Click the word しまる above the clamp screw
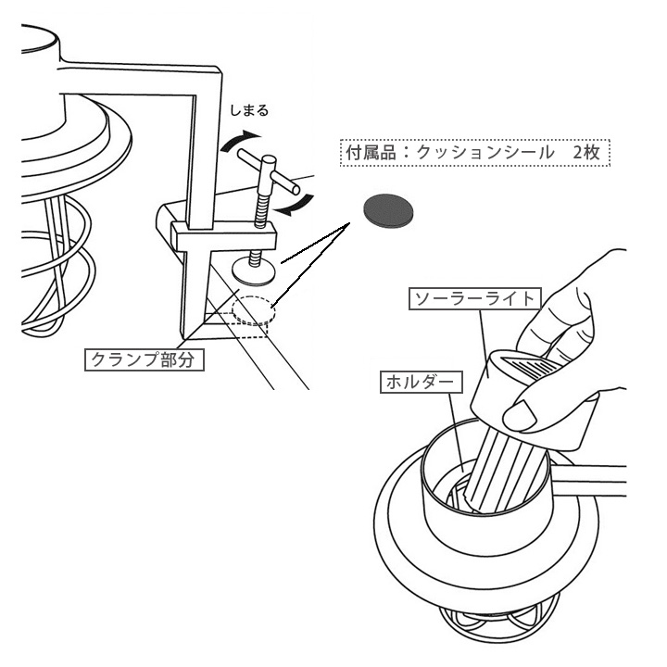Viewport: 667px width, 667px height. pos(250,111)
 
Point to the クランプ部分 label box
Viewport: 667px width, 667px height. pos(144,359)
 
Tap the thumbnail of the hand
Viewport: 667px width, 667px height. pos(523,417)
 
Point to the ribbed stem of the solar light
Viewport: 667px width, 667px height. pos(505,468)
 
